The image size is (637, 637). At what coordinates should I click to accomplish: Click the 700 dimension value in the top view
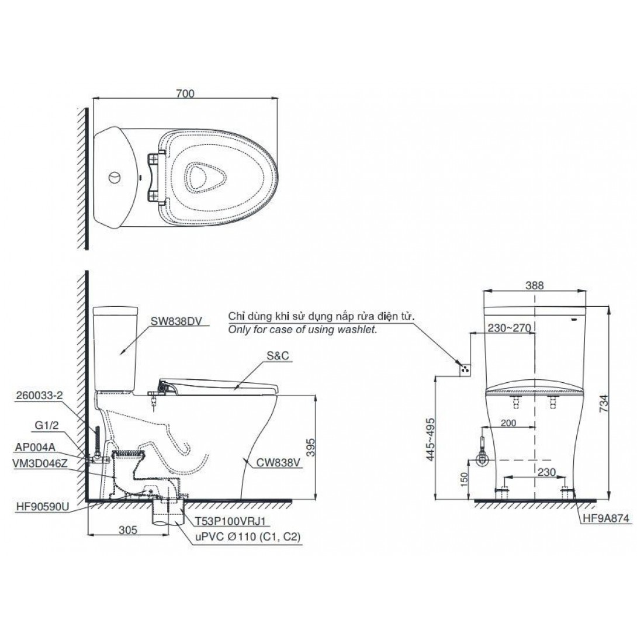point(185,94)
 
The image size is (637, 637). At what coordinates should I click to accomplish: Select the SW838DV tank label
point(176,321)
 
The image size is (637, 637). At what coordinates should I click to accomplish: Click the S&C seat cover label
point(278,356)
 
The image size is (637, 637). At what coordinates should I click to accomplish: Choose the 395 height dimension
point(310,447)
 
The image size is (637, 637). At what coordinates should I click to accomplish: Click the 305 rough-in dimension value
point(128,529)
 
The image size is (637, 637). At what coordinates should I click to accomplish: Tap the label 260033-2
point(39,396)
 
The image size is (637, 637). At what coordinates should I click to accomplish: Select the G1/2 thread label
point(47,425)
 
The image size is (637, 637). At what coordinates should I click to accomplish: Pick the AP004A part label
point(35,447)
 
